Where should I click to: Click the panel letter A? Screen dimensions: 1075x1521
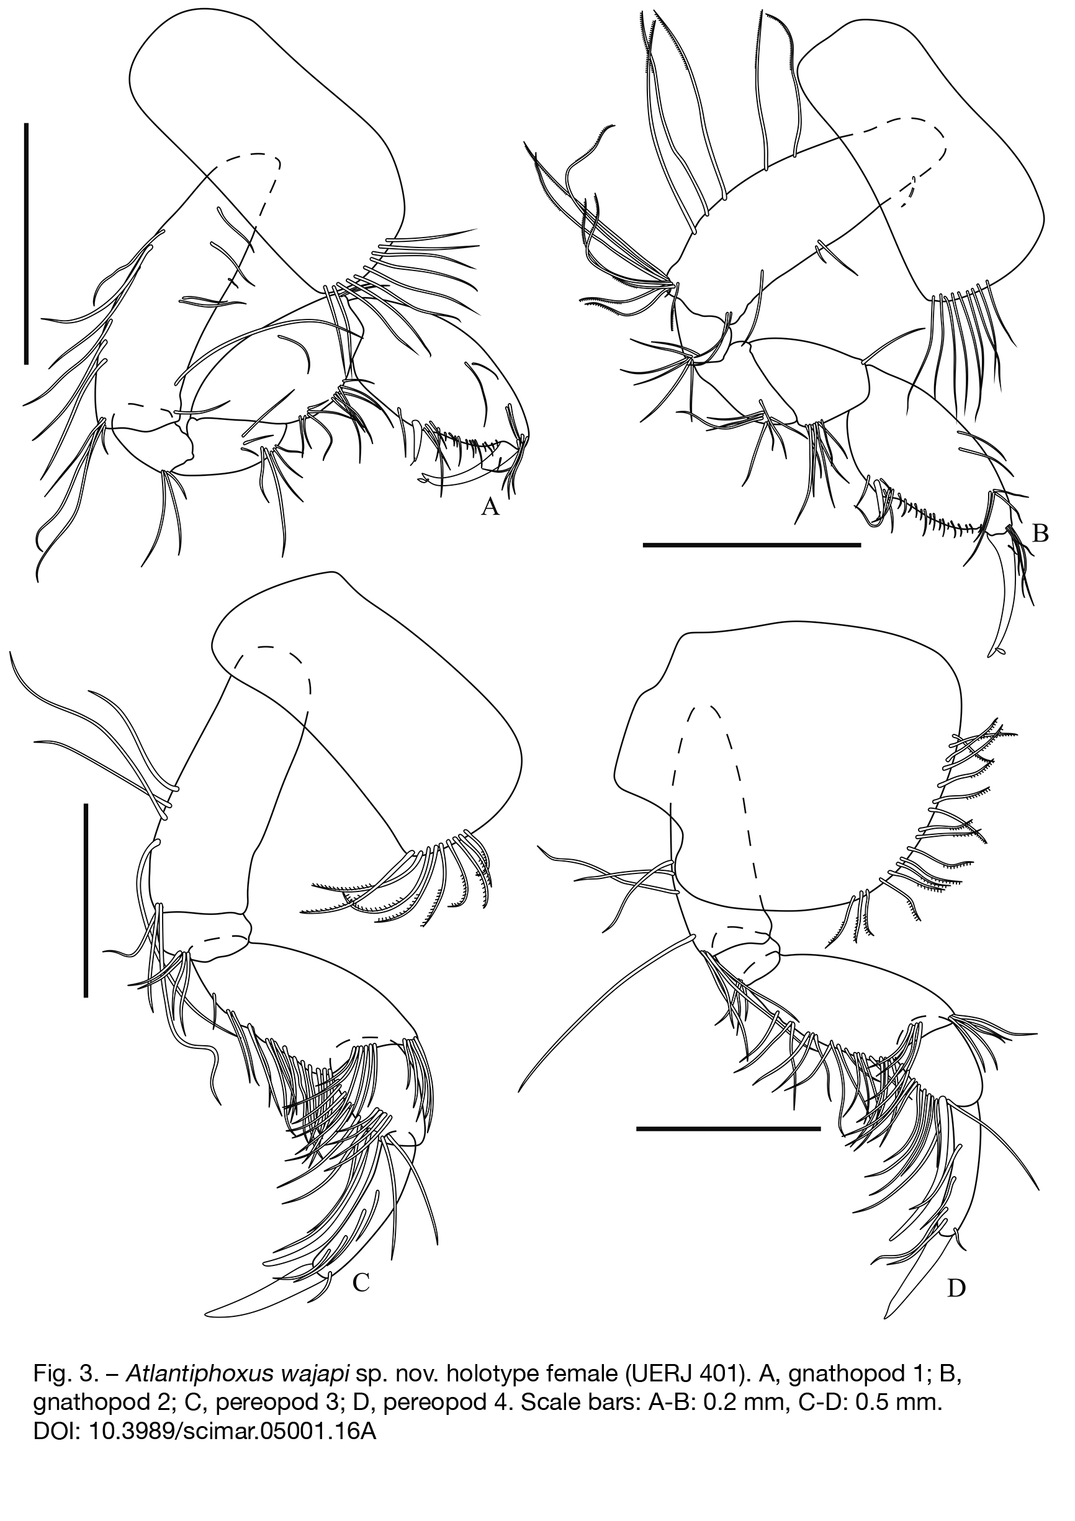coord(489,507)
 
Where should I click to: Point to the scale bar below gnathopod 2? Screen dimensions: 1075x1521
coord(752,545)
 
